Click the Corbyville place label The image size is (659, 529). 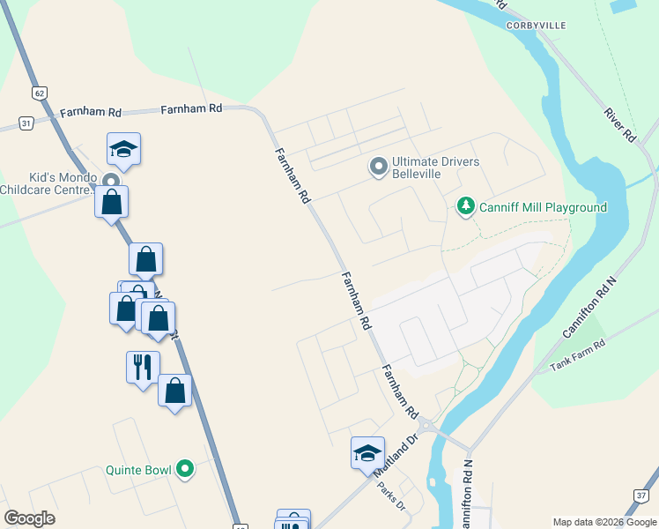pyautogui.click(x=536, y=26)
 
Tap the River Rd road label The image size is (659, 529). pyautogui.click(x=619, y=125)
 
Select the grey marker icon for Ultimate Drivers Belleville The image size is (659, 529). pyautogui.click(x=379, y=167)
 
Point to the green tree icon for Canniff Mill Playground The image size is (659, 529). pyautogui.click(x=465, y=206)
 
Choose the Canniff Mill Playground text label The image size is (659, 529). pyautogui.click(x=543, y=207)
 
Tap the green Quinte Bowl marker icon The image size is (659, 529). pyautogui.click(x=184, y=469)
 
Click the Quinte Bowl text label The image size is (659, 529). pyautogui.click(x=138, y=470)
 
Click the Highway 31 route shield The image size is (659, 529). pyautogui.click(x=26, y=123)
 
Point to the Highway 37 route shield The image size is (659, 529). pyautogui.click(x=640, y=495)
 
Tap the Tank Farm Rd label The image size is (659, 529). pyautogui.click(x=579, y=355)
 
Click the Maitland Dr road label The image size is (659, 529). pyautogui.click(x=393, y=456)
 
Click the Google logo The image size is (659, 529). pyautogui.click(x=30, y=518)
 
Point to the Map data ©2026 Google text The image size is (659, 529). pyautogui.click(x=604, y=522)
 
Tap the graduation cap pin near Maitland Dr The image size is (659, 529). pyautogui.click(x=367, y=453)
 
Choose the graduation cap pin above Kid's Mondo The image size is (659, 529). pyautogui.click(x=124, y=149)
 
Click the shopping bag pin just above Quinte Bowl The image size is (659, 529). pyautogui.click(x=174, y=391)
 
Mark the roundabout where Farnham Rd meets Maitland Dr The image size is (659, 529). pyautogui.click(x=428, y=427)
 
